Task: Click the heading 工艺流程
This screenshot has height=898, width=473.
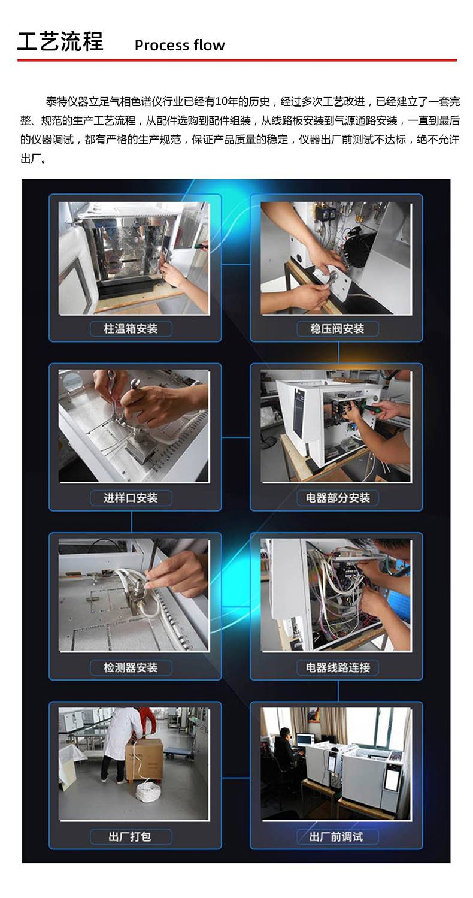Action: [x=60, y=41]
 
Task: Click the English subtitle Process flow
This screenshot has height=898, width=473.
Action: [x=180, y=46]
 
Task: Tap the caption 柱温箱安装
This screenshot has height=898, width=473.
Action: [x=131, y=329]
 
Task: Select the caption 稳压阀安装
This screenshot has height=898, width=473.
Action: [x=337, y=329]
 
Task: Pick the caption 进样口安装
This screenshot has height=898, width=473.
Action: [x=131, y=498]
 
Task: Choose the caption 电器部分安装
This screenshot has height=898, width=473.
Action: [x=338, y=498]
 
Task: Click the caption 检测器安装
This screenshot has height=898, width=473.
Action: [x=131, y=667]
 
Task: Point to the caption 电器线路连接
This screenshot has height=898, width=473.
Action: [x=338, y=667]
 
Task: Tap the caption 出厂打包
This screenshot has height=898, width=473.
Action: [x=130, y=837]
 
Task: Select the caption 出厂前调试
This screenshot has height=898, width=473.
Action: [x=336, y=837]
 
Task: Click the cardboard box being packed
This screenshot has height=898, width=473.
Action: [x=144, y=759]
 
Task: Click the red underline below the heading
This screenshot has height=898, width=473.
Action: [x=236, y=61]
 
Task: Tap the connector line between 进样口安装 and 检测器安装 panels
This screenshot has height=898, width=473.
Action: [x=131, y=522]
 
